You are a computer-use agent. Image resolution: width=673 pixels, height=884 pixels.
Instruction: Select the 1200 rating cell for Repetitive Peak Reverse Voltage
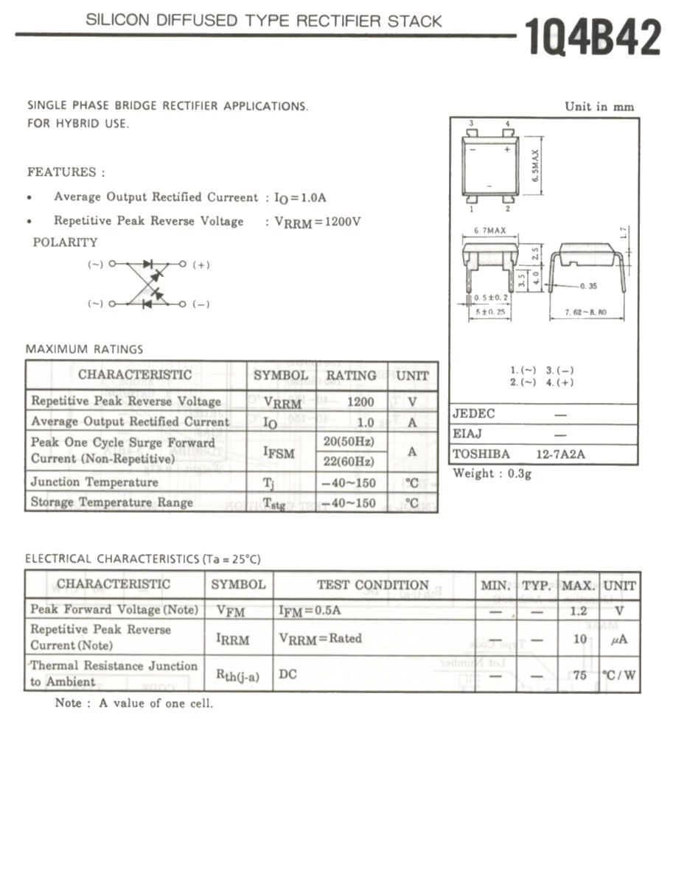coord(360,401)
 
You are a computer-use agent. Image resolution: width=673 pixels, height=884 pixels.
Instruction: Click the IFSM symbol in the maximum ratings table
coord(279,452)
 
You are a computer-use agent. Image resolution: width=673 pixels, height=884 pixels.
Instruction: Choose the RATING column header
coord(352,375)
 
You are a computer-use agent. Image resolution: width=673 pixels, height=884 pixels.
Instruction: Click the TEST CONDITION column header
coord(372,585)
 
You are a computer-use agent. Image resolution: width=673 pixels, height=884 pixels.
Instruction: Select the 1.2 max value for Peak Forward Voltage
coord(579,611)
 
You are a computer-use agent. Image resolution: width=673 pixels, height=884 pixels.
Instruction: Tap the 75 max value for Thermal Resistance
coord(579,675)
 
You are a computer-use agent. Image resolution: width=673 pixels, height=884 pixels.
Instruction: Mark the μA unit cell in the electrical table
coord(619,639)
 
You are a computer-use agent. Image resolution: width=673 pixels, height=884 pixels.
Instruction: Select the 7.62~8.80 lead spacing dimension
coord(585,312)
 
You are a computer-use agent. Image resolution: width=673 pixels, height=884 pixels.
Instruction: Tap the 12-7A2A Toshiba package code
coord(560,455)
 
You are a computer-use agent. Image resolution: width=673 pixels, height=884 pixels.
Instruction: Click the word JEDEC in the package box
coord(473,414)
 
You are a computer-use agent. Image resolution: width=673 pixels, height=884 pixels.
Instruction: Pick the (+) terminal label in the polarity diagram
coord(200,265)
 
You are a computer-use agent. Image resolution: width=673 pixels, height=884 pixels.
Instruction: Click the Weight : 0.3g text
coord(492,474)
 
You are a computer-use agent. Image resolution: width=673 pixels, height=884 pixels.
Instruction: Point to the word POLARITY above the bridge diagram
coord(65,242)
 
